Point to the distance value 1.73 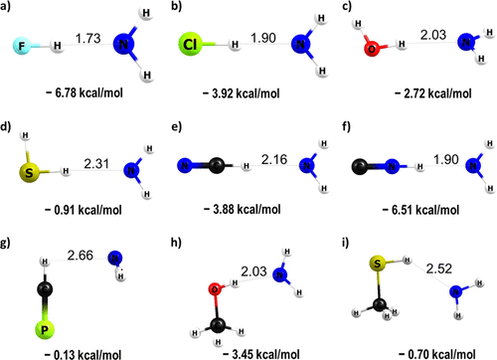coord(90,37)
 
